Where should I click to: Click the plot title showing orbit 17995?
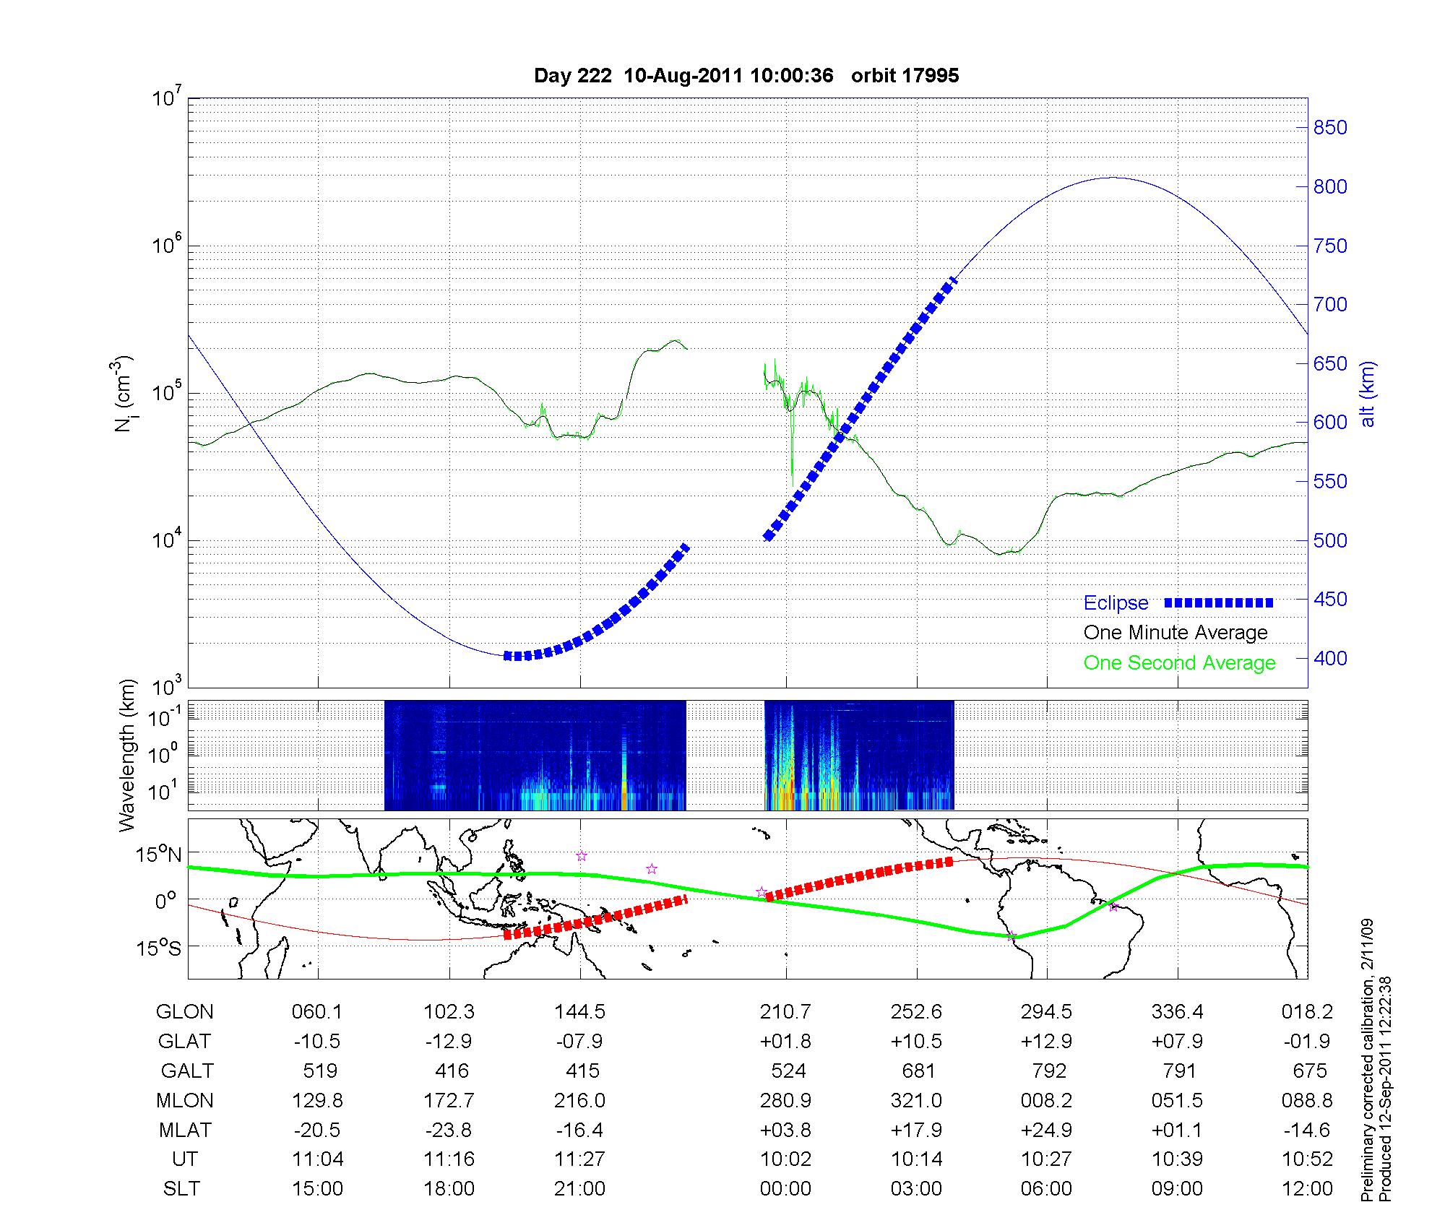(x=746, y=76)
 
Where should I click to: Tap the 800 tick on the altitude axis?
(x=1329, y=187)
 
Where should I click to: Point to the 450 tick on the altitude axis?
(x=1329, y=600)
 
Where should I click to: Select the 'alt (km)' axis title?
(x=1368, y=394)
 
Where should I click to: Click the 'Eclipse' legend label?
(x=1116, y=603)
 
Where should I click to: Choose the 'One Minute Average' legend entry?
(x=1176, y=633)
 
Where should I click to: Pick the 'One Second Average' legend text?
(x=1179, y=663)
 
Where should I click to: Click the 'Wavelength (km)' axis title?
(x=128, y=756)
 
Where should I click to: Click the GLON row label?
(x=184, y=1012)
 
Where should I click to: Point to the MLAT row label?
(x=185, y=1130)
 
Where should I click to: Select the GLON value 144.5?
(x=579, y=1012)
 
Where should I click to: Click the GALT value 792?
(x=1049, y=1071)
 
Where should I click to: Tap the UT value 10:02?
(x=785, y=1159)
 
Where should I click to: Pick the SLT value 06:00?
(x=1046, y=1188)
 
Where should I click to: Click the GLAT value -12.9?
(x=449, y=1042)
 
